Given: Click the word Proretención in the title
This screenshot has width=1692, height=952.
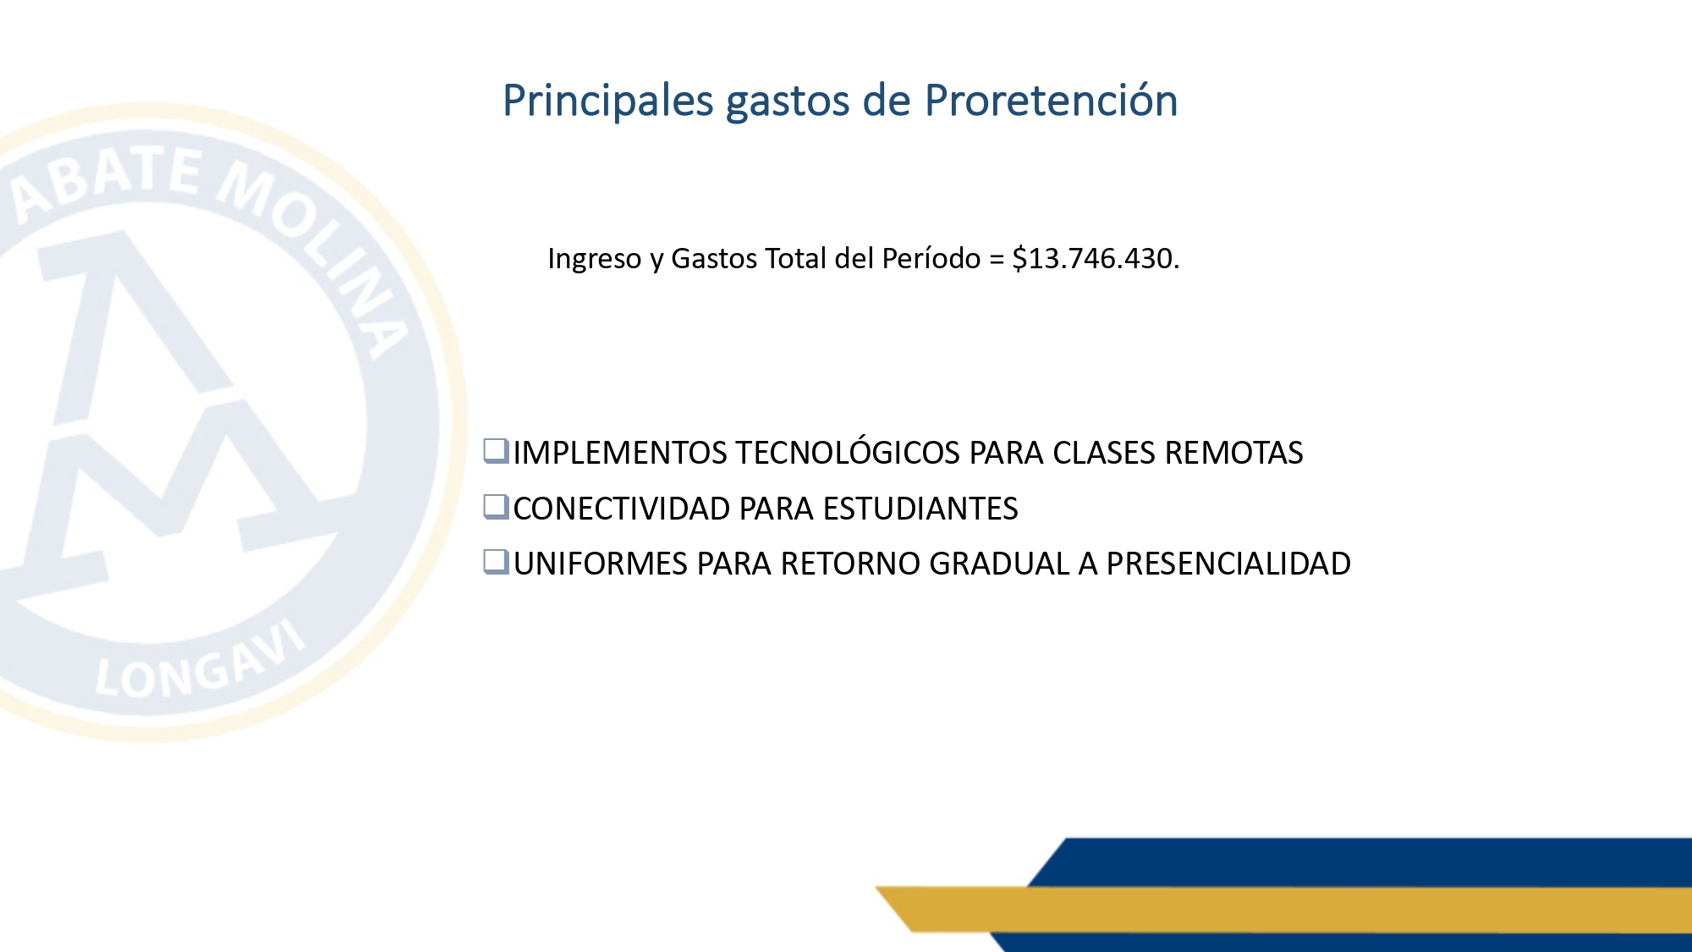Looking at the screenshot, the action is click(x=1051, y=101).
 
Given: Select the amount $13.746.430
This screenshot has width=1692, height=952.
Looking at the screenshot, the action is click(x=1096, y=258).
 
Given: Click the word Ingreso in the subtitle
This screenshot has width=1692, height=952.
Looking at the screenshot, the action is click(x=595, y=259).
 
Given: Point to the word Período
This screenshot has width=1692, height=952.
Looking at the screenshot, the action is click(x=931, y=257).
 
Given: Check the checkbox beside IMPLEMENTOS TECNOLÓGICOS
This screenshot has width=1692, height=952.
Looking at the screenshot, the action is click(x=496, y=451).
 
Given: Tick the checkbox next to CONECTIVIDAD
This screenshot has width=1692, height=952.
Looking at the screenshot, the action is click(x=496, y=507).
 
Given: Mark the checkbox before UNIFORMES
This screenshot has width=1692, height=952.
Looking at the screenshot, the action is click(x=496, y=562).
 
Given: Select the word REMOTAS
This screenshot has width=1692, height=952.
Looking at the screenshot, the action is click(x=1233, y=453).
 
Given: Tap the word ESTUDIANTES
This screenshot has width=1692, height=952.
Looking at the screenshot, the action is click(x=920, y=509).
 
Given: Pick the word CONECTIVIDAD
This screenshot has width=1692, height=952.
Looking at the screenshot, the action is click(x=622, y=509).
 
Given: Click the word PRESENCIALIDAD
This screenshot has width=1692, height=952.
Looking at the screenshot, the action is click(x=1228, y=564).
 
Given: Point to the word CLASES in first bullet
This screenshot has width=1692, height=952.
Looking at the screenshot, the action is click(x=1104, y=453).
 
